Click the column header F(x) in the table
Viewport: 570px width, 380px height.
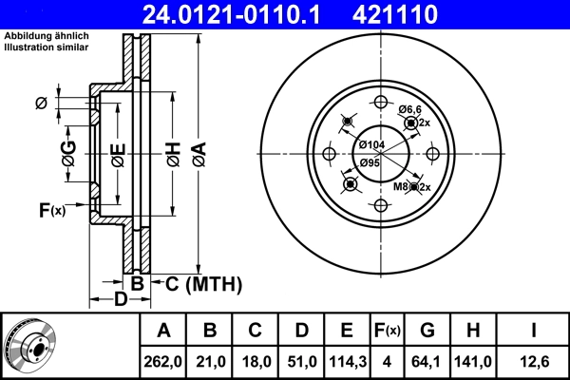tap(387, 331)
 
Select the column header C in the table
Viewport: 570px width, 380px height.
tap(256, 331)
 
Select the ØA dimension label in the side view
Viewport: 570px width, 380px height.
tap(198, 152)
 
